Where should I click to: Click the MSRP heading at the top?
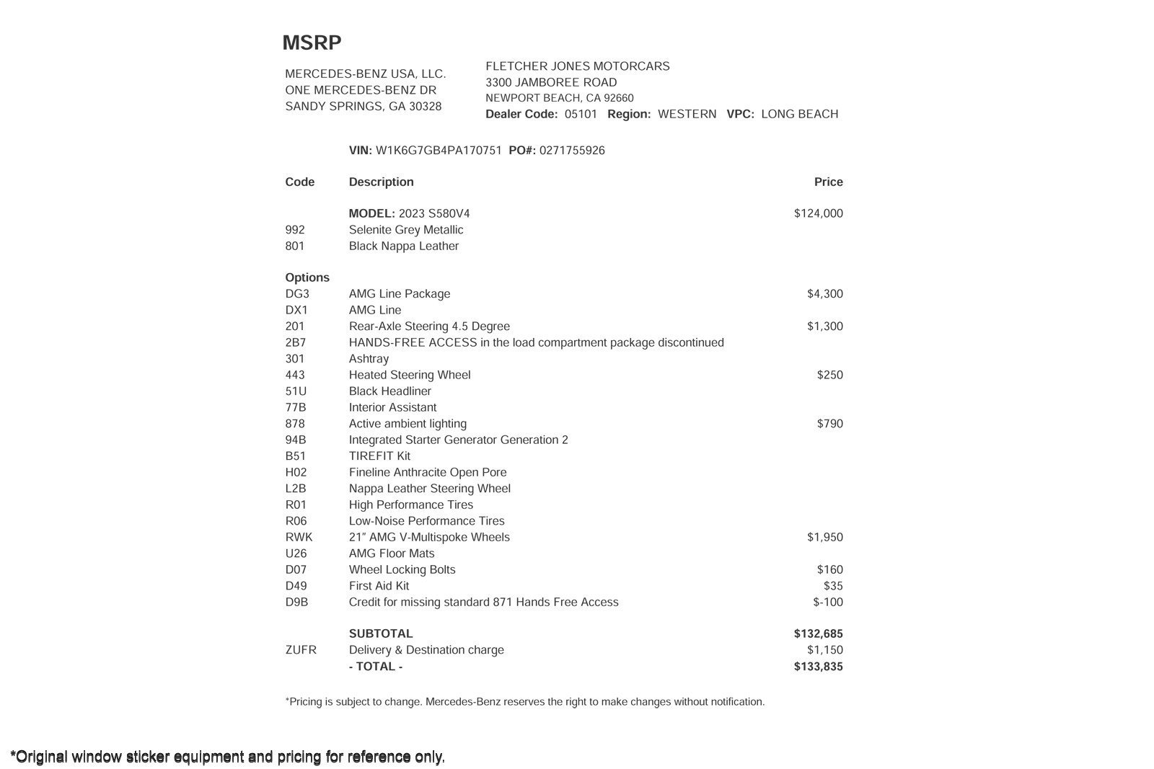coord(312,43)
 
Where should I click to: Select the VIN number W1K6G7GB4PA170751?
coord(439,151)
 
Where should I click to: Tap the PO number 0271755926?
coord(572,151)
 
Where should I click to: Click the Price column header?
coord(828,182)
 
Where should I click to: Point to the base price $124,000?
coord(818,213)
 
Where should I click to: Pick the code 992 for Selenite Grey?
coord(295,230)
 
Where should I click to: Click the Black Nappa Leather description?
coord(404,246)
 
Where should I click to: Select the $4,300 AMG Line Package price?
coord(824,294)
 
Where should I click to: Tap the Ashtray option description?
coord(369,359)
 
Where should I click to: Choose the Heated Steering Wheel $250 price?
coord(829,375)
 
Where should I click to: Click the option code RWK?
coord(299,537)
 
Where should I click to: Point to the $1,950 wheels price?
coord(824,537)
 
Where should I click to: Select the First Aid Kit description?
coord(379,586)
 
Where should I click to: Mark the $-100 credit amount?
coord(827,602)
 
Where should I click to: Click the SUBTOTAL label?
coord(381,634)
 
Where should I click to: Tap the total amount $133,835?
coord(818,666)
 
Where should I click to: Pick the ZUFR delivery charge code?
coord(301,650)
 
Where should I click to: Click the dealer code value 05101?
coord(581,114)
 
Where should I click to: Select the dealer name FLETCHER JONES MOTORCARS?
coord(577,66)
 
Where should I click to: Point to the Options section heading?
coord(307,277)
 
